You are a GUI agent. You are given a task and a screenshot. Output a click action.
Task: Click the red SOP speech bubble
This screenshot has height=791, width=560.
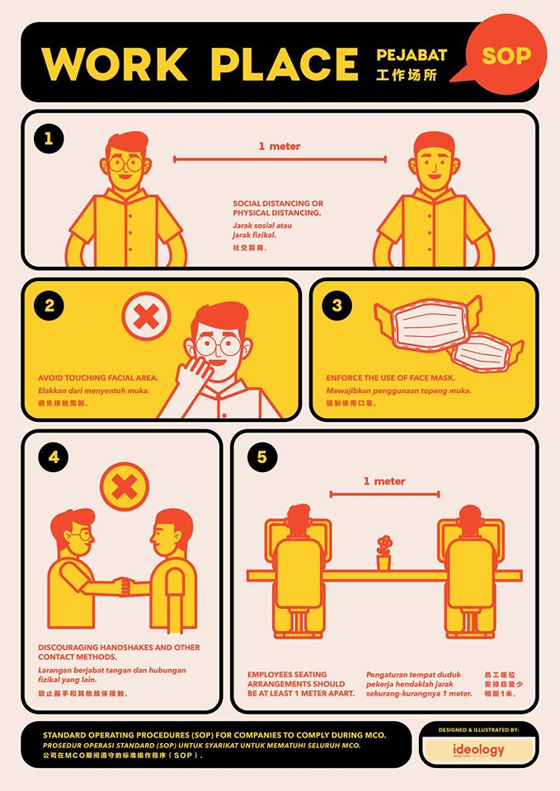505,54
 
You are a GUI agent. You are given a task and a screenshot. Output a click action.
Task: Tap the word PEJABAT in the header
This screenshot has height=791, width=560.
412,55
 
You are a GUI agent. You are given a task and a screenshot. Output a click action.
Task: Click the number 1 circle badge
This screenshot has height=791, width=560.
49,138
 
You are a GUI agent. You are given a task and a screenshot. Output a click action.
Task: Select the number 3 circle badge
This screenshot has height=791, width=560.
336,305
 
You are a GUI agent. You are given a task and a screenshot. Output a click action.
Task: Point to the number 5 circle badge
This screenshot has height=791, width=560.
261,457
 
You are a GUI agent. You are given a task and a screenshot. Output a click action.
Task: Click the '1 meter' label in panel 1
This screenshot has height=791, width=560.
280,147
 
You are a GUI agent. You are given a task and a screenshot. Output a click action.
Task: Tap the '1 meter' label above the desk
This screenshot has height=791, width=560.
384,481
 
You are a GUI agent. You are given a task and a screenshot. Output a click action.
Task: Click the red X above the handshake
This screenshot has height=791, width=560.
125,487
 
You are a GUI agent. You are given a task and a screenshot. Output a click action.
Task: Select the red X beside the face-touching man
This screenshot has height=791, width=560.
147,316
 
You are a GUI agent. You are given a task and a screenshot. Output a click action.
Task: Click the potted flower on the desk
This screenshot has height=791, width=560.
384,553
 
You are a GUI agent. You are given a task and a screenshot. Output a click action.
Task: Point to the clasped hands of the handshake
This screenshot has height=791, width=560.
123,587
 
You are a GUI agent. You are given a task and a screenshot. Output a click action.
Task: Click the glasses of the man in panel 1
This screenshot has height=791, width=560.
125,164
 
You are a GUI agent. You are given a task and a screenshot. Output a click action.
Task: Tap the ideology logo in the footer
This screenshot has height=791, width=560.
478,750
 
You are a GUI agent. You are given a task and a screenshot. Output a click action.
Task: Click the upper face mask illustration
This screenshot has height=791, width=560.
426,325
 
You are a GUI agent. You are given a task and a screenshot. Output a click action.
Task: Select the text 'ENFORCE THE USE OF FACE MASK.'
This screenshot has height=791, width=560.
390,378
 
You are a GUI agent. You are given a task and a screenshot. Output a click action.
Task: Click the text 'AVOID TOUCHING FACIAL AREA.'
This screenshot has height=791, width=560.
98,378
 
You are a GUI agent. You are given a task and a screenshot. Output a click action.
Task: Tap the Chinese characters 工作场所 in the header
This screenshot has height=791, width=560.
407,75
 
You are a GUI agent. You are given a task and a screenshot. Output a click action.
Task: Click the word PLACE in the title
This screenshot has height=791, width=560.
285,64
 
